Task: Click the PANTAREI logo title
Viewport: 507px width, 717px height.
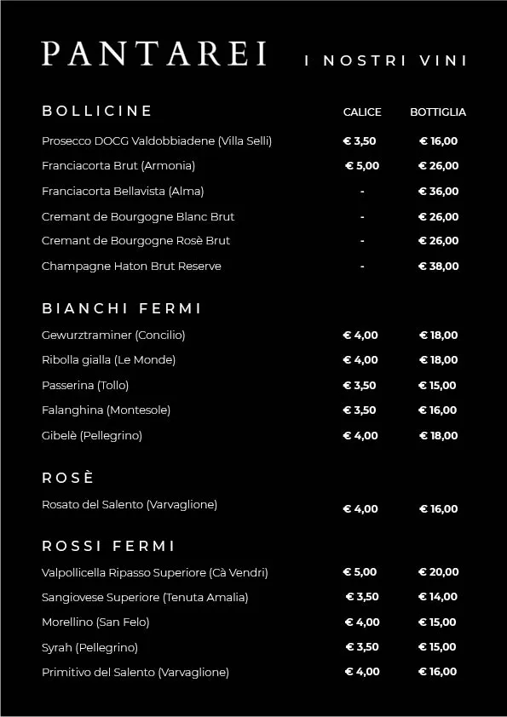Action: coord(154,54)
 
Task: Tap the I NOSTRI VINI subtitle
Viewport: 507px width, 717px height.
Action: coord(386,60)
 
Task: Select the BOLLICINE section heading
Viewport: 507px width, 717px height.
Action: coord(97,111)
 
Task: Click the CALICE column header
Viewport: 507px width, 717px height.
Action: coord(362,112)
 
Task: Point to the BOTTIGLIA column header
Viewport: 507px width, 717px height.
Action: coord(438,112)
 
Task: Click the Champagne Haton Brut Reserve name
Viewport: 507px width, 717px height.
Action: coord(131,267)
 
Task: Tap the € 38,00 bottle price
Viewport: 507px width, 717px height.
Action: coord(439,267)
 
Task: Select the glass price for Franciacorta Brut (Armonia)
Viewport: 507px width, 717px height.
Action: coord(362,166)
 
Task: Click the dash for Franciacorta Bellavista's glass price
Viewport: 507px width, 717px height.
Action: coord(362,192)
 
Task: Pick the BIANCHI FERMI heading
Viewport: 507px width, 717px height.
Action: coord(122,308)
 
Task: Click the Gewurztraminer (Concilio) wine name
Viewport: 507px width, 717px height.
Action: coord(113,335)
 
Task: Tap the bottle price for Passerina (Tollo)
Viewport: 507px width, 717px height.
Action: coord(437,386)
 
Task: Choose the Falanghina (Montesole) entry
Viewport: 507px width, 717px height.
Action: coord(106,410)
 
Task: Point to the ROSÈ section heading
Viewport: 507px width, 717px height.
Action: coord(68,478)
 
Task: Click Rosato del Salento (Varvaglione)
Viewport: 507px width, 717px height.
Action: coord(130,505)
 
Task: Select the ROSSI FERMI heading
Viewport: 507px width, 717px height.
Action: coord(108,546)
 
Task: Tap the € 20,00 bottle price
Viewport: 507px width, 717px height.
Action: coord(439,572)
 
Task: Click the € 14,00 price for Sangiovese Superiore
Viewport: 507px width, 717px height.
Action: coord(438,597)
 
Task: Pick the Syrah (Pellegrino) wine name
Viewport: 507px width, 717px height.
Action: coord(89,648)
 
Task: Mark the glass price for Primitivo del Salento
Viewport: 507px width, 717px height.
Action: coord(362,672)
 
